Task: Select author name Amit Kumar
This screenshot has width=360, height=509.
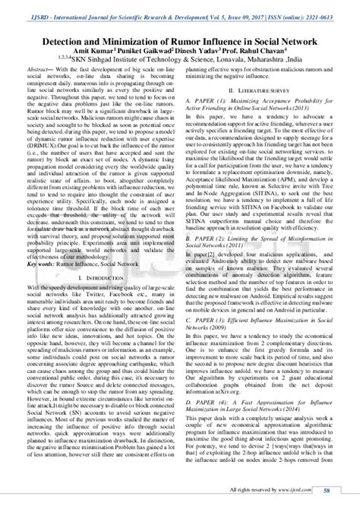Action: [90, 46]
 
